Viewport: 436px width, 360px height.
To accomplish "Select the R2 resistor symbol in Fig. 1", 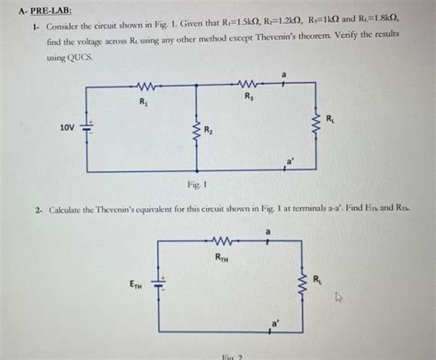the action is pyautogui.click(x=193, y=131).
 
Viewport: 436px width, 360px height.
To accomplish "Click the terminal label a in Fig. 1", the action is pyautogui.click(x=284, y=73).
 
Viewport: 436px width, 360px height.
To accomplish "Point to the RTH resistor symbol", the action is pyautogui.click(x=222, y=241).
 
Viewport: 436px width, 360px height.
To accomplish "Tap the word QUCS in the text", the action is pyautogui.click(x=80, y=56).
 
